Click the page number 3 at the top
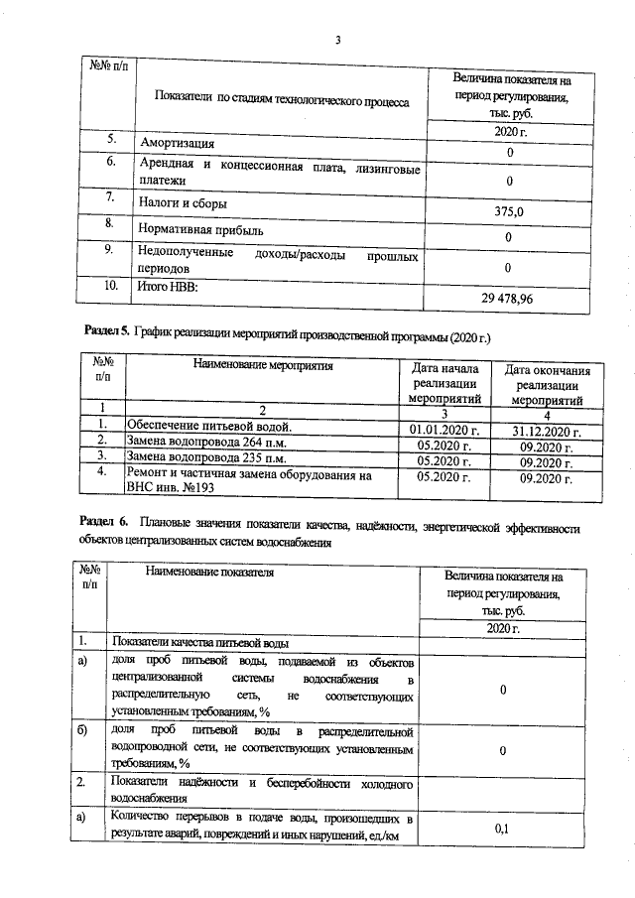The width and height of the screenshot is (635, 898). pyautogui.click(x=337, y=41)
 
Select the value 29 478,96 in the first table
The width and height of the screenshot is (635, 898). pyautogui.click(x=507, y=298)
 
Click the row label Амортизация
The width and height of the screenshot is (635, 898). pyautogui.click(x=177, y=144)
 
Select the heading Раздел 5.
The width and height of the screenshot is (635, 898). pyautogui.click(x=104, y=327)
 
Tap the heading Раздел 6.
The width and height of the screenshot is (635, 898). pyautogui.click(x=104, y=522)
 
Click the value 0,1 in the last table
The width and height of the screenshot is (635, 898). pyautogui.click(x=501, y=829)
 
